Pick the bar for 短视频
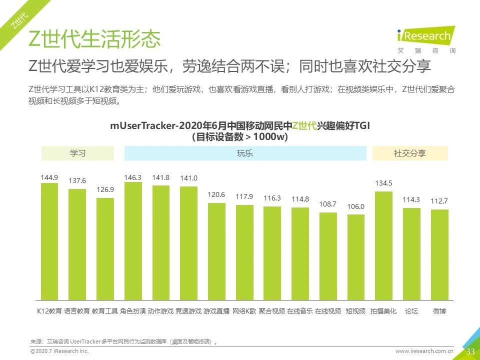click(x=355, y=257)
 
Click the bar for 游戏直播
click(x=216, y=251)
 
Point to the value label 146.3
click(x=133, y=177)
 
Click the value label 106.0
click(x=355, y=206)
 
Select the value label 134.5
click(x=383, y=183)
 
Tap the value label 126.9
click(x=105, y=189)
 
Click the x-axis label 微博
click(x=439, y=311)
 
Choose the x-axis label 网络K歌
click(x=244, y=311)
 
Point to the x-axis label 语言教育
click(x=77, y=311)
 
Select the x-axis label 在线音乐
click(x=300, y=311)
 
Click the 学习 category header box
click(x=77, y=153)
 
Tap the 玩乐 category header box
click(x=245, y=153)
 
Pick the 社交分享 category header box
click(x=410, y=153)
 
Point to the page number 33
click(x=470, y=351)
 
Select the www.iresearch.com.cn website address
click(x=424, y=351)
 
